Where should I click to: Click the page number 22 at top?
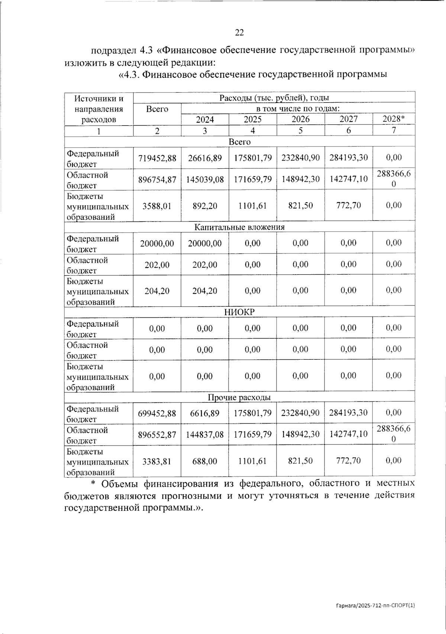click(239, 33)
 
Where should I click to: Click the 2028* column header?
click(393, 119)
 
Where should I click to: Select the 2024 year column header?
click(205, 119)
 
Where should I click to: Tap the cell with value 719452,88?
click(157, 158)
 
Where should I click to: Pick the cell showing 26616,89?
click(205, 158)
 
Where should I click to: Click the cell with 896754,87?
click(157, 179)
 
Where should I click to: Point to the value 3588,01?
click(157, 206)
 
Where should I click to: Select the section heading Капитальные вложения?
click(239, 227)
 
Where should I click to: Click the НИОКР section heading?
click(239, 312)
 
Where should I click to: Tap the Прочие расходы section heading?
click(239, 397)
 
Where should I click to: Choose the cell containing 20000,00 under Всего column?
click(157, 243)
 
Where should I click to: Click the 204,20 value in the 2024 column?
click(205, 291)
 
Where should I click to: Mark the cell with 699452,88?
click(157, 413)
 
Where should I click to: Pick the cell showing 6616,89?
click(205, 413)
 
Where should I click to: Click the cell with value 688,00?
click(205, 461)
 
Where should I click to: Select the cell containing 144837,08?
click(205, 434)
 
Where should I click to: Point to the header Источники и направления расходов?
click(98, 109)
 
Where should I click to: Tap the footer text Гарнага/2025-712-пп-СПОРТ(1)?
click(375, 605)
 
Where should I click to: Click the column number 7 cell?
click(393, 130)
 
